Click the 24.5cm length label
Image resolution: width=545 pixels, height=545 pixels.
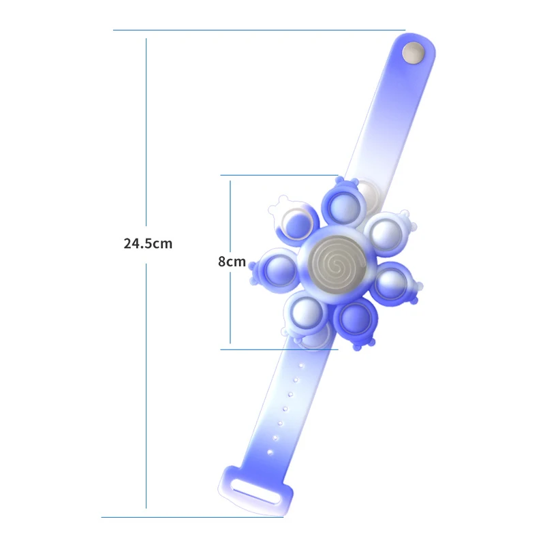(x=148, y=243)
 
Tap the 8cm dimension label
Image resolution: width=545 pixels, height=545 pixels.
(x=232, y=261)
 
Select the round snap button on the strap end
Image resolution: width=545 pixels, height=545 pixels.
(x=412, y=53)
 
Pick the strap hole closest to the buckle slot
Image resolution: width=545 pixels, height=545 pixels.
(x=271, y=451)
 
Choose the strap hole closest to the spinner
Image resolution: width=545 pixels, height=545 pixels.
(x=298, y=364)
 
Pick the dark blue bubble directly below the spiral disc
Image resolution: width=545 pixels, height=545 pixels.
(x=354, y=315)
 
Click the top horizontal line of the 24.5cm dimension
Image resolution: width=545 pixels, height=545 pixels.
(x=259, y=30)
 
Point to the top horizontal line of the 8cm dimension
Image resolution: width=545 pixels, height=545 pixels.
(x=279, y=175)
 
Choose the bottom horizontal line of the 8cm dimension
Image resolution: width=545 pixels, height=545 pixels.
(x=279, y=349)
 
